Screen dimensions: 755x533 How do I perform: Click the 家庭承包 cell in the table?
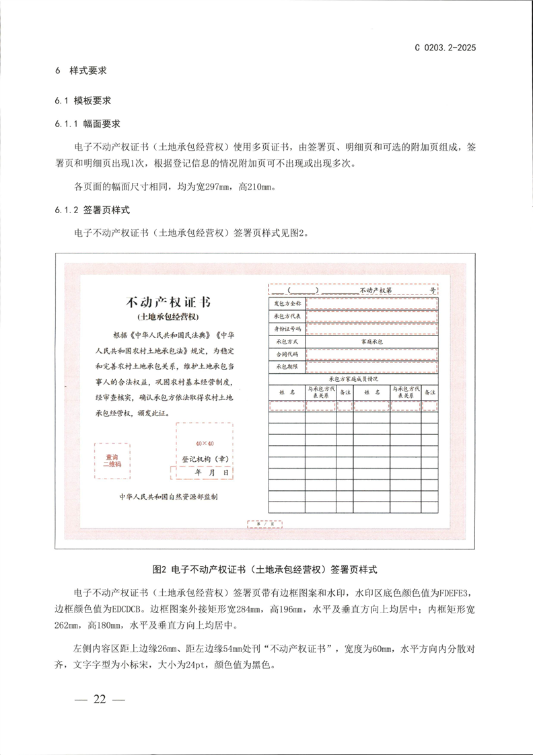coord(371,342)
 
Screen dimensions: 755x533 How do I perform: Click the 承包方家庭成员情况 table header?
coord(354,379)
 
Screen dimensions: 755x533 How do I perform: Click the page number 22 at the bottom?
coord(100,699)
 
